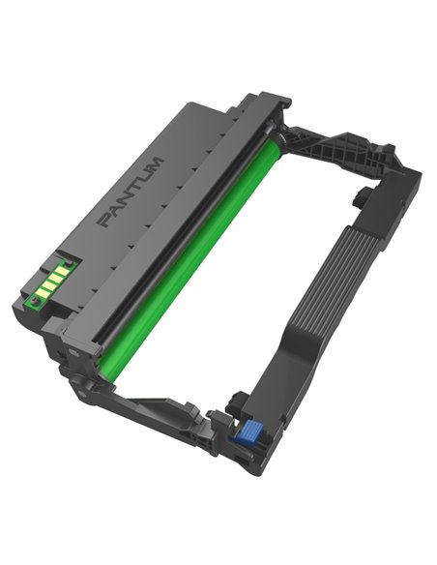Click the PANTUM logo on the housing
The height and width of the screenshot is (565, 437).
coord(131,193)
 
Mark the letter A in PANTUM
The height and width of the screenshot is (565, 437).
coord(113,210)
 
